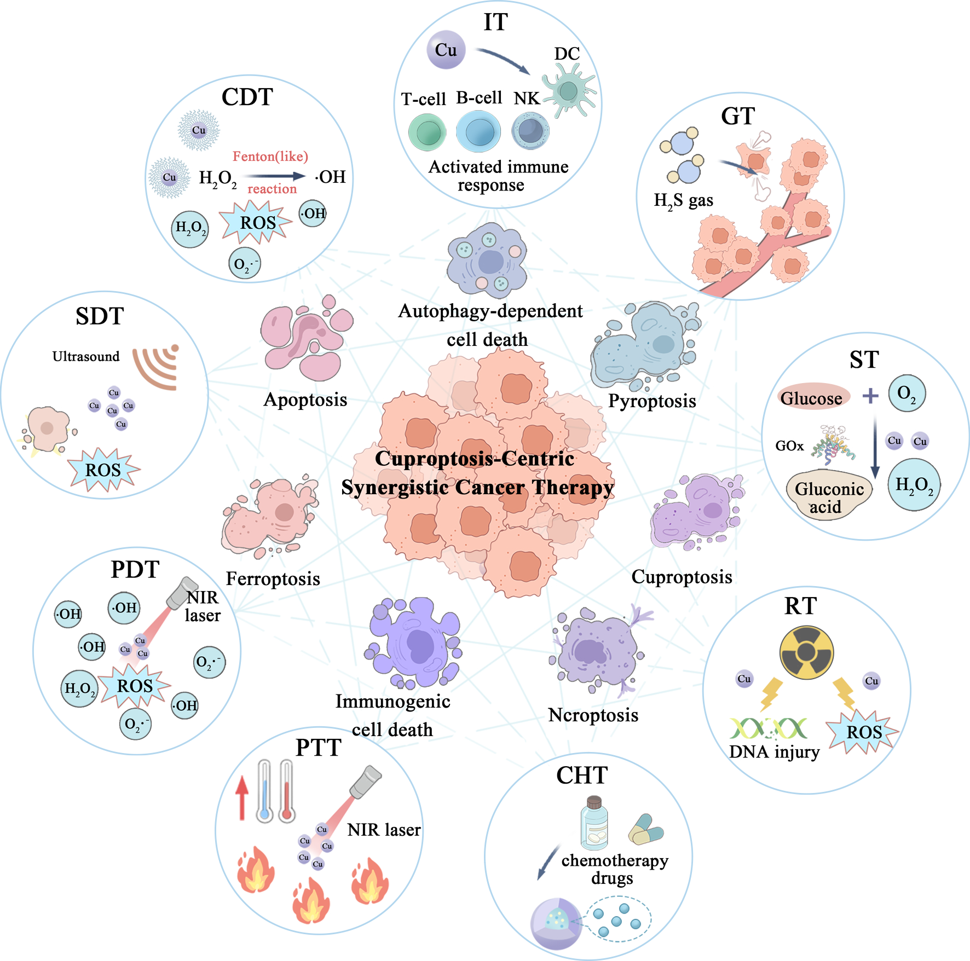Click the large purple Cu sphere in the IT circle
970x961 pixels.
(x=446, y=50)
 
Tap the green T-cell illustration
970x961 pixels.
(x=428, y=132)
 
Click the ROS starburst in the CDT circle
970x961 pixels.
(x=256, y=222)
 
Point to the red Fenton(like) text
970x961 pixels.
(x=270, y=157)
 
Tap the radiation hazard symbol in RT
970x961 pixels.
(x=806, y=652)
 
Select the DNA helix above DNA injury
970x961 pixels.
(x=768, y=728)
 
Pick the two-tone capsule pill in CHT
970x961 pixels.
(x=646, y=830)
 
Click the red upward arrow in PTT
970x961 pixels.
(x=242, y=798)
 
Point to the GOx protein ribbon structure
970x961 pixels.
(x=833, y=443)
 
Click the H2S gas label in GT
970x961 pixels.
(x=683, y=200)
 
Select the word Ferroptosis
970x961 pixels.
(x=273, y=578)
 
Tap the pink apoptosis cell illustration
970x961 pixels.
(x=305, y=339)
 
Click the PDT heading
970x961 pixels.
(x=135, y=569)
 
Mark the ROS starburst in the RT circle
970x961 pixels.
(x=863, y=732)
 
